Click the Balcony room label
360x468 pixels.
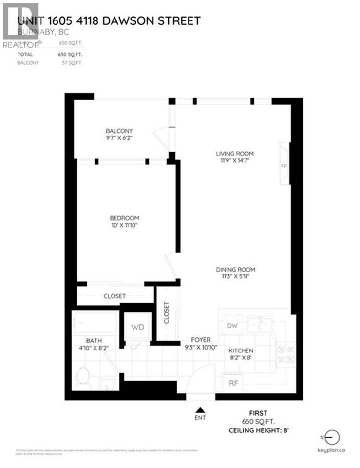(119, 131)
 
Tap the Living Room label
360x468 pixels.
(235, 154)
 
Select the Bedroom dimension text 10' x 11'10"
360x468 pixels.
(124, 226)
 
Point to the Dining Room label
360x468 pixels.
(236, 270)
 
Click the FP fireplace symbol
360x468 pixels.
(284, 165)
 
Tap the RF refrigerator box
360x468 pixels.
(233, 383)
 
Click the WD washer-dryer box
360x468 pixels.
(138, 327)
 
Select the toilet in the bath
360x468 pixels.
(83, 377)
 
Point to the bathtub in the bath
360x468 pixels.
(95, 322)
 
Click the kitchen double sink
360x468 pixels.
(259, 325)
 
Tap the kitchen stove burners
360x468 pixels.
(286, 354)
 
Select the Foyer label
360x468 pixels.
(201, 340)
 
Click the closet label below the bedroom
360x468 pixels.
(114, 296)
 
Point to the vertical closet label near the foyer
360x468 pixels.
(167, 313)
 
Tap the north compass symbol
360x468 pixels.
(334, 437)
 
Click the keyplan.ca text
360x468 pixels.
(332, 451)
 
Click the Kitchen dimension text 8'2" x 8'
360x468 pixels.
(241, 358)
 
